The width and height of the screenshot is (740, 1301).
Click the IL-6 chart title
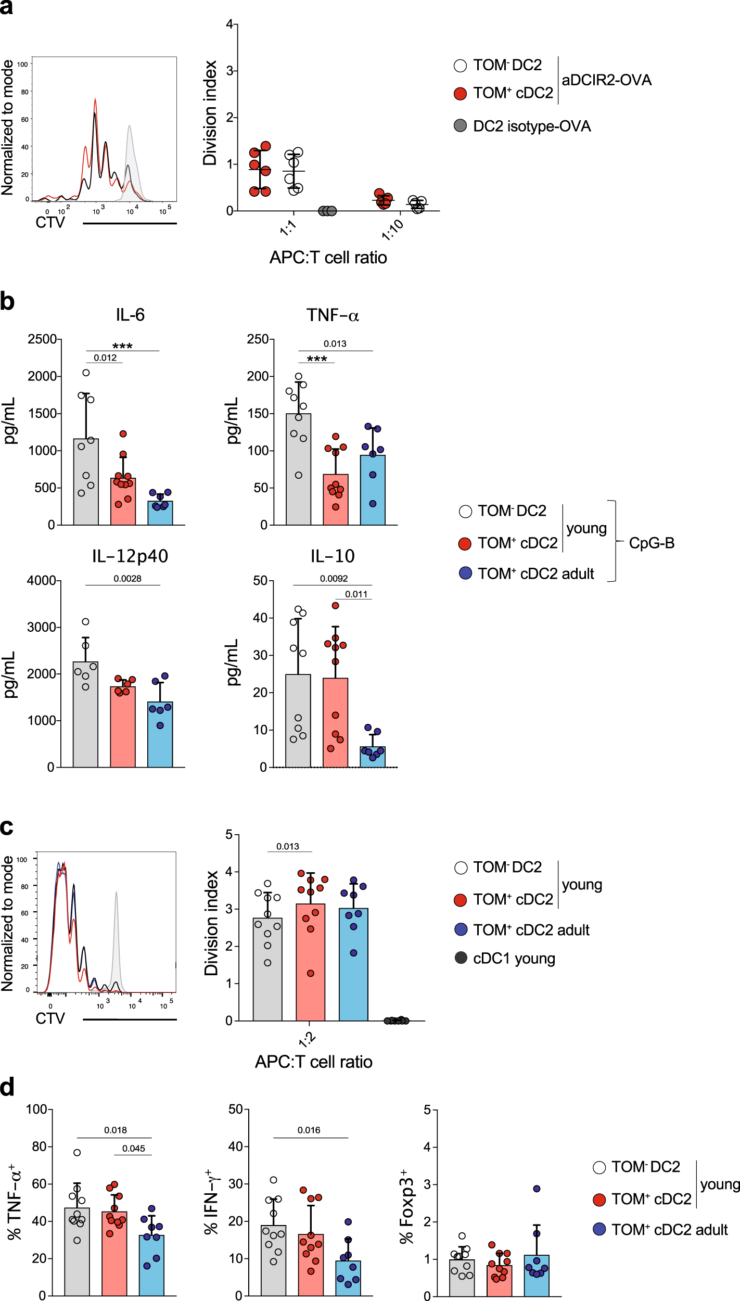[x=130, y=315]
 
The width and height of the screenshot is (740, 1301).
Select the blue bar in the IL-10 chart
[x=373, y=758]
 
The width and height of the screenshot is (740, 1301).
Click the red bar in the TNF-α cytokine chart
[x=336, y=500]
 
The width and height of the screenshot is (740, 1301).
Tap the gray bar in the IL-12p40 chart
[x=86, y=718]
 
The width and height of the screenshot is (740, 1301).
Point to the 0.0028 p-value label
[x=127, y=578]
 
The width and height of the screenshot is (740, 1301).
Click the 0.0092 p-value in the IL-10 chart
[x=334, y=578]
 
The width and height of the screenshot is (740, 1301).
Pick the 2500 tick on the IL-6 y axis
[x=42, y=339]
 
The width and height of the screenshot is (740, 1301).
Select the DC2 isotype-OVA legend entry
[x=531, y=126]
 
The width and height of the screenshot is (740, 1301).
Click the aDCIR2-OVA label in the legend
[x=606, y=80]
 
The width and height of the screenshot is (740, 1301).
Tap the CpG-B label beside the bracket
[x=652, y=543]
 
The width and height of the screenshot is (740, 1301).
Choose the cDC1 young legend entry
[x=514, y=959]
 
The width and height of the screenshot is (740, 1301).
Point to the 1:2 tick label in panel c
[x=307, y=1039]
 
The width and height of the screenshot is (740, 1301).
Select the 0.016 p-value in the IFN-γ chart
[x=309, y=1130]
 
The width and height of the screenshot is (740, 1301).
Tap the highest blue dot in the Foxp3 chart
[x=537, y=1189]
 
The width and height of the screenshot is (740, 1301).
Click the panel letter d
[x=7, y=1087]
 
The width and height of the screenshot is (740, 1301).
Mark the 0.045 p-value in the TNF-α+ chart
[x=134, y=1148]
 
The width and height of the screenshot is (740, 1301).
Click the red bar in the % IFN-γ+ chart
[x=311, y=1265]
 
